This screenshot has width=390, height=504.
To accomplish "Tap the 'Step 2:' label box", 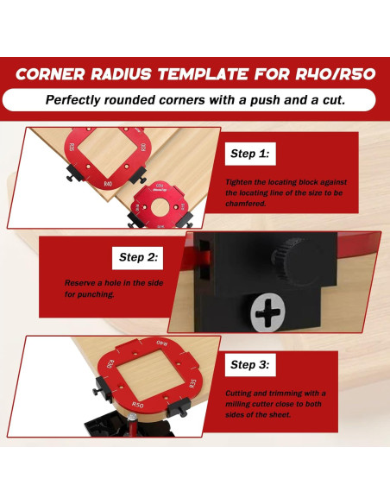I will [x=137, y=257].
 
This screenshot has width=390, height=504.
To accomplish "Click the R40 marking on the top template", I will [x=108, y=184].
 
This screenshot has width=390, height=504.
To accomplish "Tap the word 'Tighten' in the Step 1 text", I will [x=241, y=182].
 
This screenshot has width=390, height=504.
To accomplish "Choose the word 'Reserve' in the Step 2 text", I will [x=80, y=282].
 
